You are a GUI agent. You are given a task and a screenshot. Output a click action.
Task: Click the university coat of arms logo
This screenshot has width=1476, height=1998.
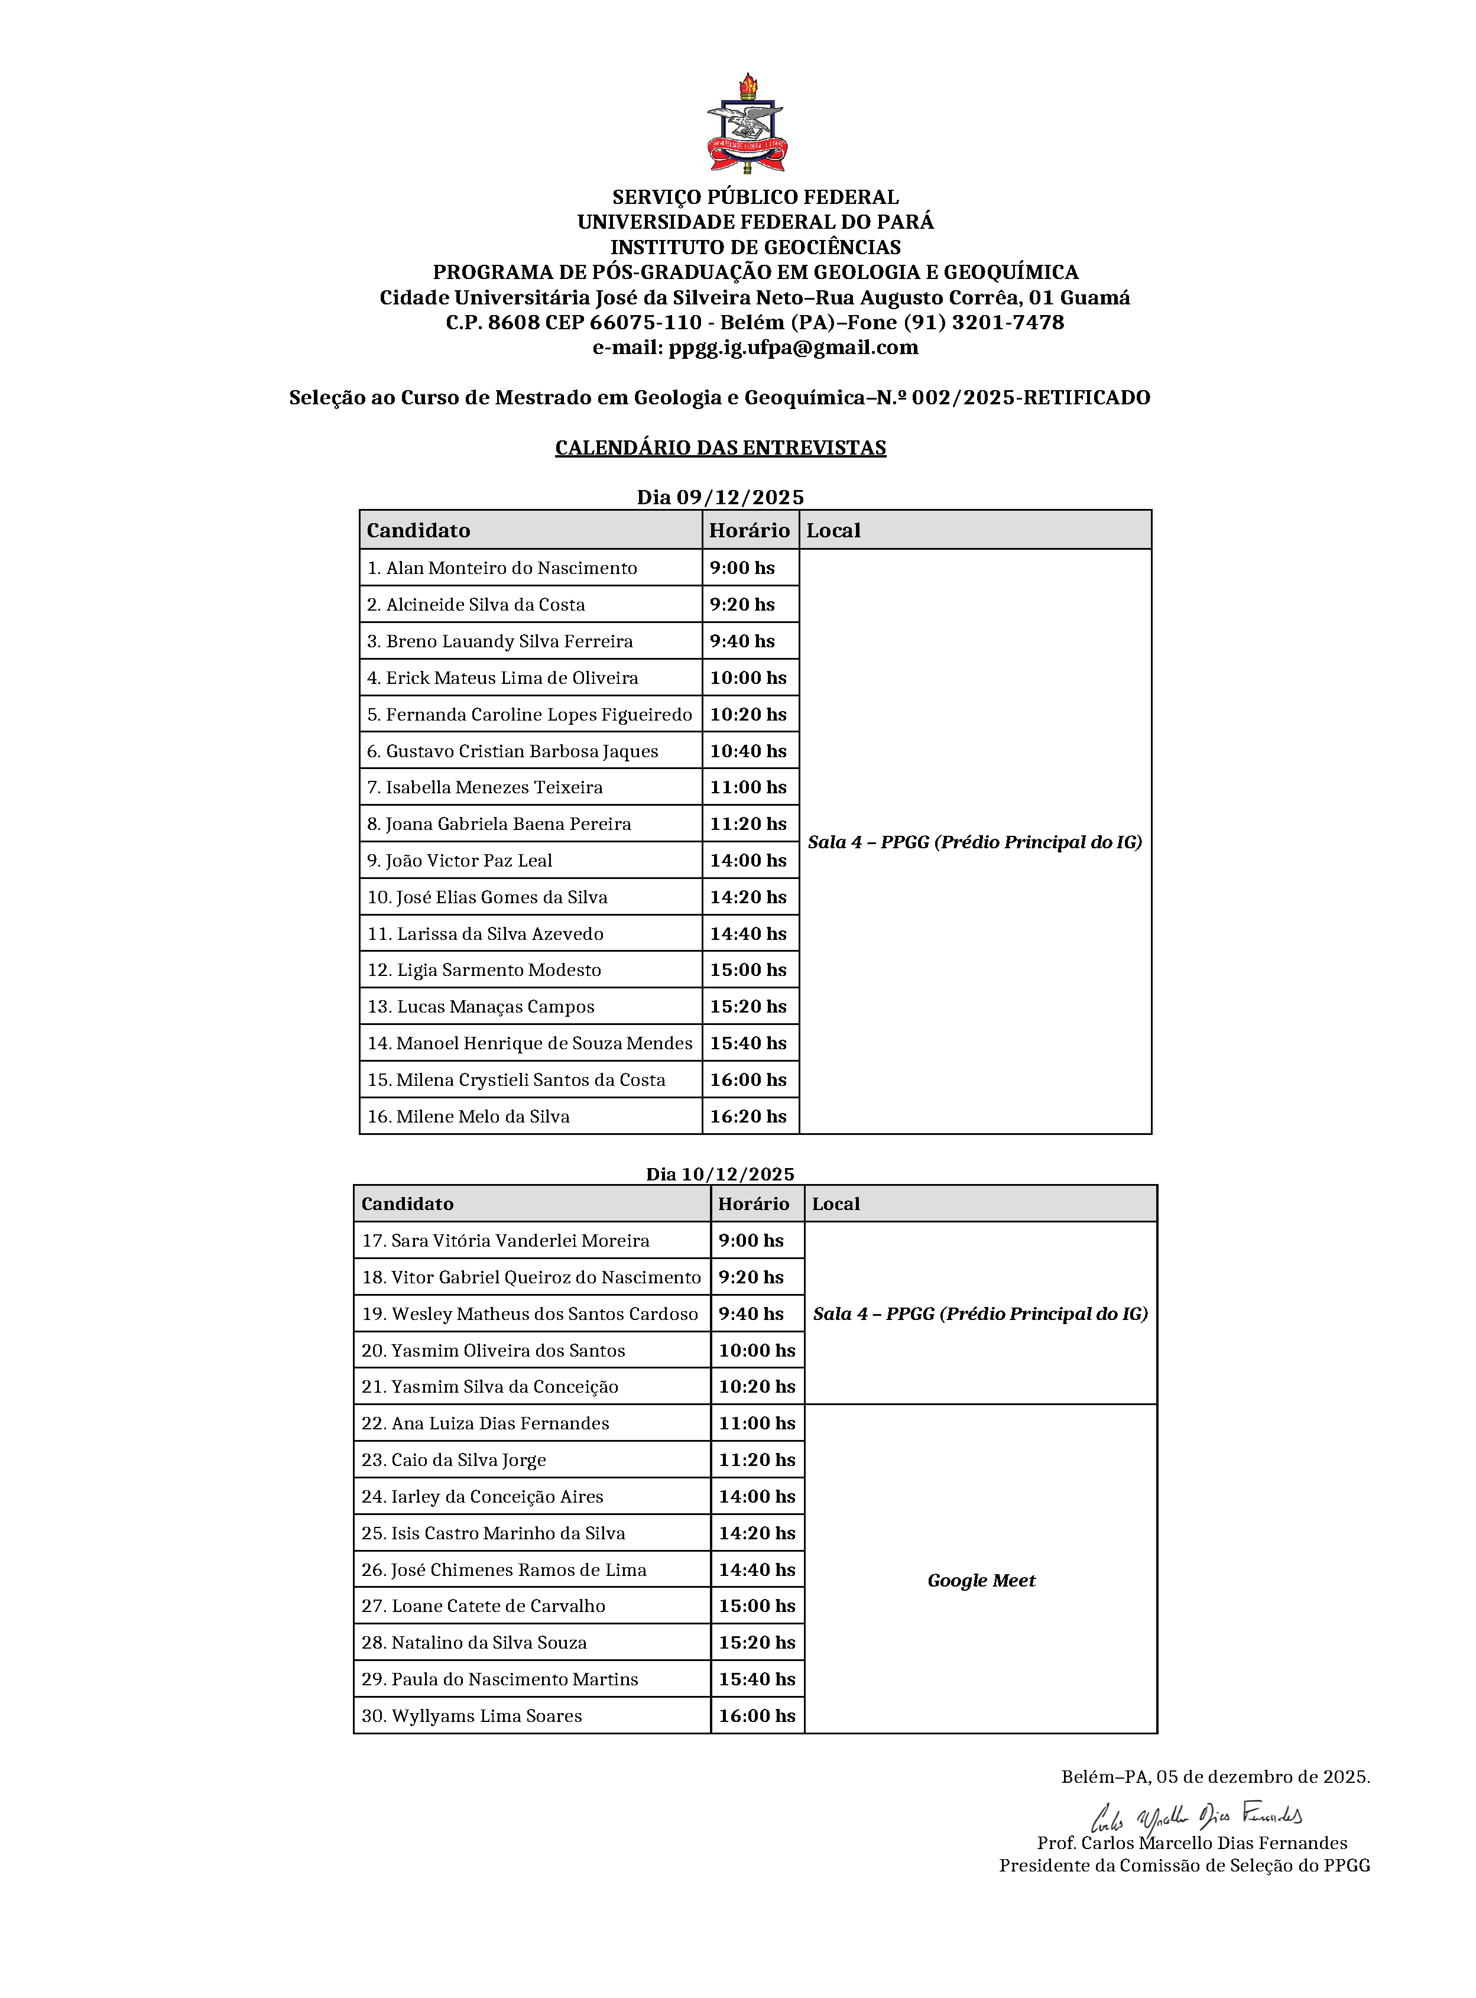(x=747, y=124)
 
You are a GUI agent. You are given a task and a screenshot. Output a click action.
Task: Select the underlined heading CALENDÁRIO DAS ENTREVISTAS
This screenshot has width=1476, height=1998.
(x=720, y=447)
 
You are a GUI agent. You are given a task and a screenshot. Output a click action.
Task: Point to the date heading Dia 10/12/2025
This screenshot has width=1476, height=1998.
(x=720, y=1174)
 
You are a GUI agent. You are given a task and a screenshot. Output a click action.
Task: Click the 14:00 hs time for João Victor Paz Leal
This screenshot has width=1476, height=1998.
(x=749, y=861)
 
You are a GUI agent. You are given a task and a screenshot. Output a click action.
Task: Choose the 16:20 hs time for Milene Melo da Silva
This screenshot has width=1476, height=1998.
(x=749, y=1116)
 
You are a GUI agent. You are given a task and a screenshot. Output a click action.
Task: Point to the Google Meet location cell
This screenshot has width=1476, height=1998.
(x=981, y=1581)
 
